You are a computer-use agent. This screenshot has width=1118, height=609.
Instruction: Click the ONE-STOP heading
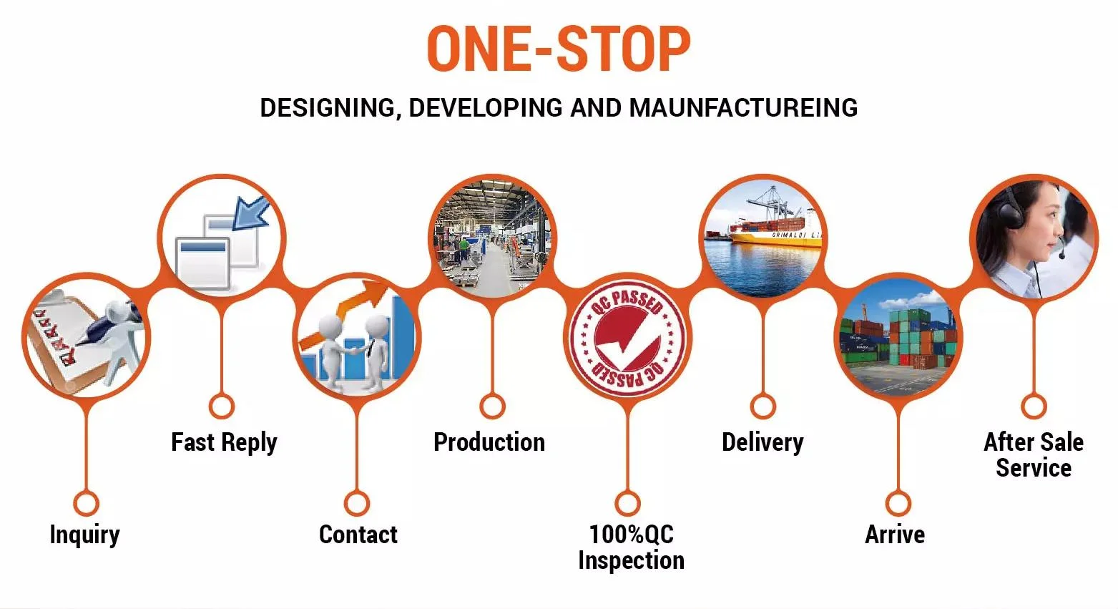(559, 49)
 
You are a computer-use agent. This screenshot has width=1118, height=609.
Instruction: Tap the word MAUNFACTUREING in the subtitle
(743, 108)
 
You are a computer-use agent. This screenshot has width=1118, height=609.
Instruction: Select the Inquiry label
(84, 535)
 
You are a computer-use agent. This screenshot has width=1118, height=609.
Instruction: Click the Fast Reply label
(223, 442)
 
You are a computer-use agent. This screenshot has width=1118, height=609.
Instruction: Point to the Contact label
(358, 535)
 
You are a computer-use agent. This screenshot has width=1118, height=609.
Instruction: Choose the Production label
(489, 442)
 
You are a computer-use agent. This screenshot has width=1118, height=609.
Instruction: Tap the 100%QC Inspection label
(631, 547)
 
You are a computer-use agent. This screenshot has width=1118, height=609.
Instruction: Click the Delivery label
(763, 442)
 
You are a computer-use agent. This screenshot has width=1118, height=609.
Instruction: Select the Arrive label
(895, 535)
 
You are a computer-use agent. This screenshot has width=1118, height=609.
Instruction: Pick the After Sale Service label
(1034, 454)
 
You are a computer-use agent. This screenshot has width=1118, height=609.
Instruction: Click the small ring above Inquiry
(86, 503)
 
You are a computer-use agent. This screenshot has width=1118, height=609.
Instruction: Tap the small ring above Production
(492, 406)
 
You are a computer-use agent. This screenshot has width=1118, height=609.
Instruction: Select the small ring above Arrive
(898, 503)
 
